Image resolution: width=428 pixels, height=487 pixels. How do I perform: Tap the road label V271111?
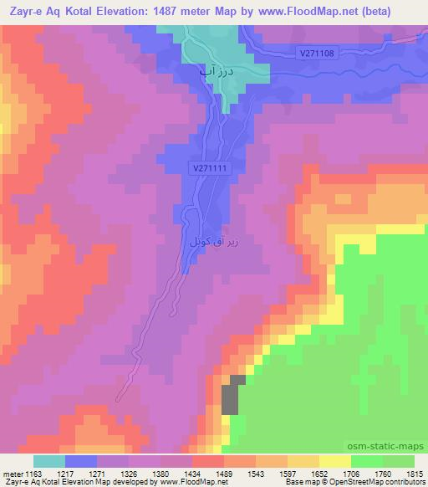pos(210,168)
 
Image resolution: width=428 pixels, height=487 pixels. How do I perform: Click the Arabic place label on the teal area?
pos(213,74)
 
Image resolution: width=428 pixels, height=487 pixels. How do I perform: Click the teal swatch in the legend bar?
pos(49,460)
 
